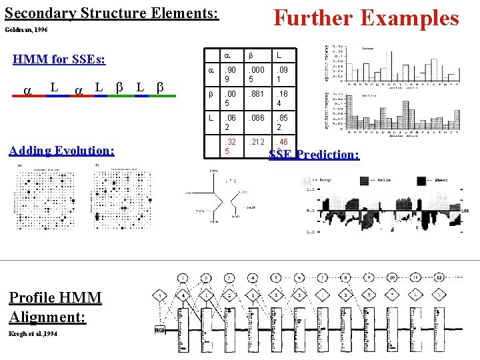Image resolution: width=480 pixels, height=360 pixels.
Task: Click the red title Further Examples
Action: pos(367,17)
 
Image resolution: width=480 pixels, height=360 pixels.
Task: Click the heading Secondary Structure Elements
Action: pos(111,13)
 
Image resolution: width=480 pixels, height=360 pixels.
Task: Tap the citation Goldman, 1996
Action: pos(26,30)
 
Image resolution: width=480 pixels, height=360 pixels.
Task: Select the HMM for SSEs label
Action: pos(59,59)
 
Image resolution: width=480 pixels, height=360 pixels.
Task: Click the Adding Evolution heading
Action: pos(61,150)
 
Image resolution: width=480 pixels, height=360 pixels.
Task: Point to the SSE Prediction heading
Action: pos(313,155)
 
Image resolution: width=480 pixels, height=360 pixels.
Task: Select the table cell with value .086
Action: pos(257,117)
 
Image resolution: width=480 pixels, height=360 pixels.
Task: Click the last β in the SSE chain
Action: pos(159,87)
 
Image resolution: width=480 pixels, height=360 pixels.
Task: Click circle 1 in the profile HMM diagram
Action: pos(183,277)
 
